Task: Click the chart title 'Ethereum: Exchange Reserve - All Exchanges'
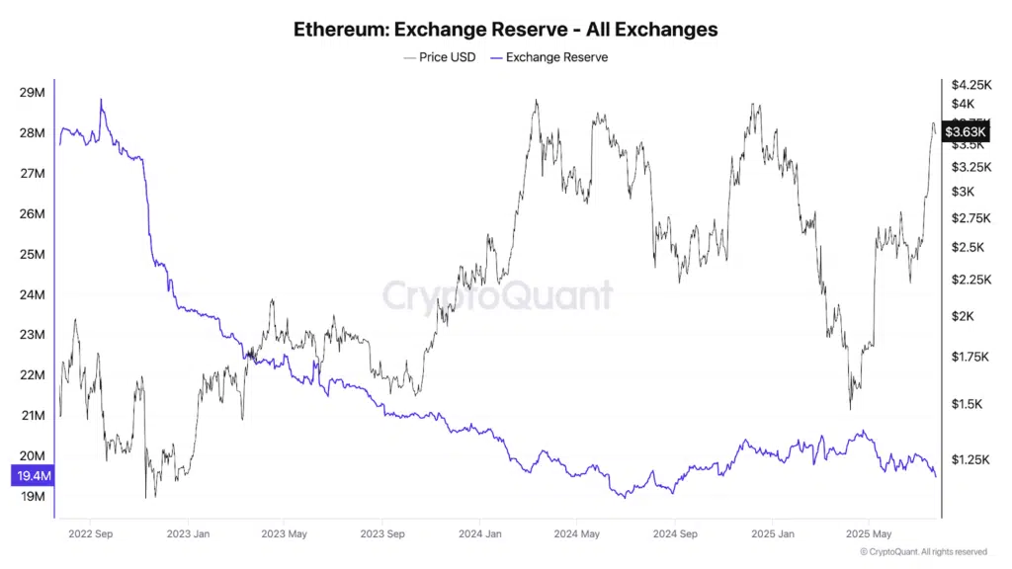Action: point(505,30)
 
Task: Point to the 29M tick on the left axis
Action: point(32,93)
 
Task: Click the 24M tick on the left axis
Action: point(32,294)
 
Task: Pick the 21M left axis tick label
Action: point(32,416)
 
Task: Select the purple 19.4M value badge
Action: point(34,476)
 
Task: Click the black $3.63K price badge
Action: point(965,131)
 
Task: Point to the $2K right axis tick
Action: point(964,316)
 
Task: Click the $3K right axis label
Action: point(964,192)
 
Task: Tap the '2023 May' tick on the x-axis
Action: point(284,534)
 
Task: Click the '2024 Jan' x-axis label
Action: point(478,534)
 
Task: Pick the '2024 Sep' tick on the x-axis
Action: point(673,534)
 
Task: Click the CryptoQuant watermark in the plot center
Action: point(497,295)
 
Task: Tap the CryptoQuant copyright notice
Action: point(923,552)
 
